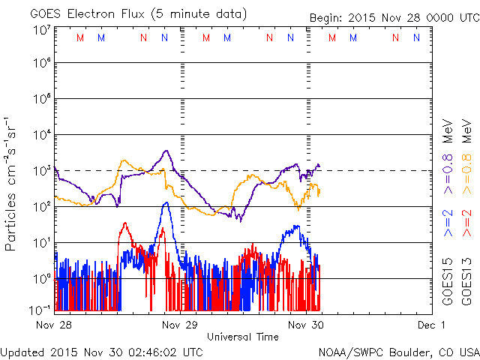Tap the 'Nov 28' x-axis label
[55, 325]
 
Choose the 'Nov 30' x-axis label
[305, 325]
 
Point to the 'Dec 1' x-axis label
[431, 325]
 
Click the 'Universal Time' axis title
[243, 337]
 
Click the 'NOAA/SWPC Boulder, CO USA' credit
[398, 351]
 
